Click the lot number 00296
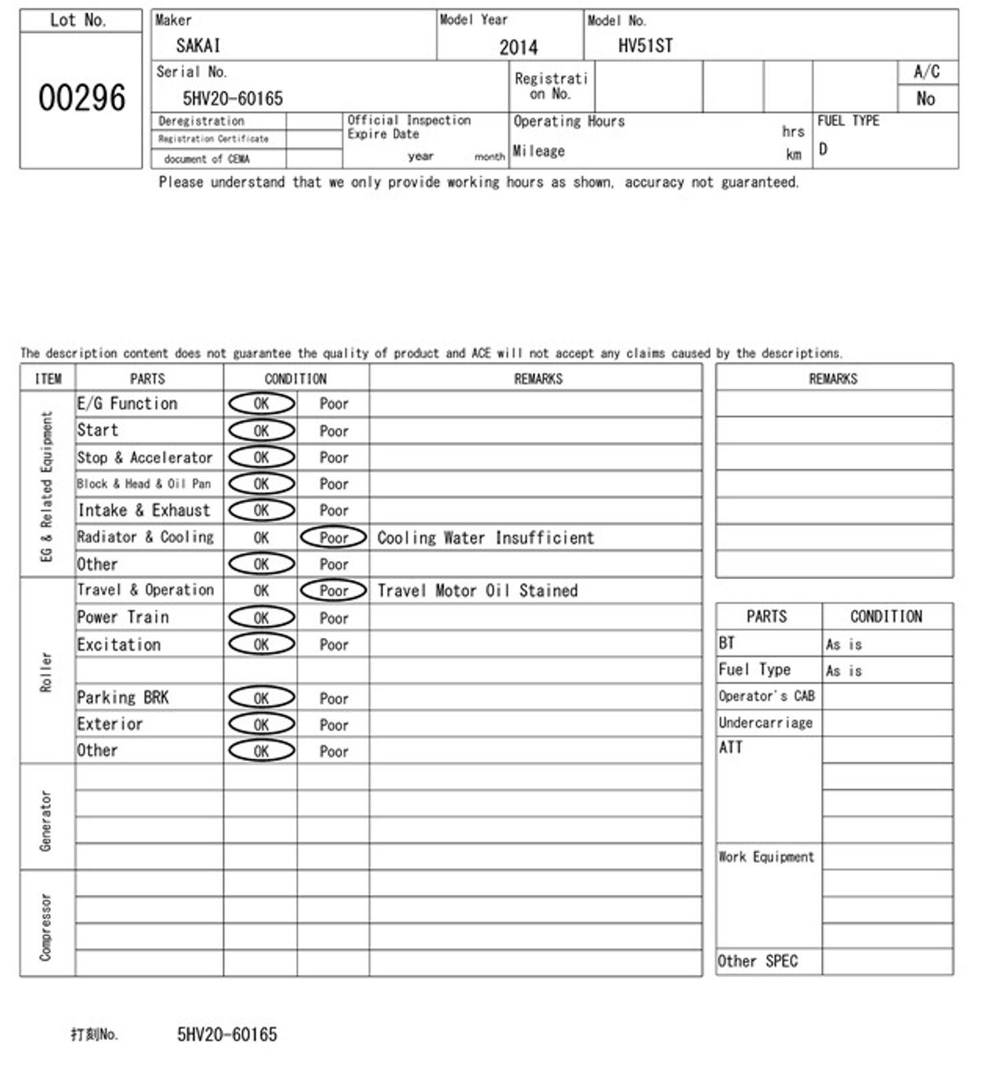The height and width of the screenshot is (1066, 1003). tap(82, 98)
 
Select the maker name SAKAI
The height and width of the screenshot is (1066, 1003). tap(198, 45)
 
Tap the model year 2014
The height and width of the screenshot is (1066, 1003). tap(518, 47)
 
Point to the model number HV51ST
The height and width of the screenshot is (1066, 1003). tap(645, 45)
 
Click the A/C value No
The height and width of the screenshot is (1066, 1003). tap(925, 99)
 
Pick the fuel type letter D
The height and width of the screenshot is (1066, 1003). tap(823, 149)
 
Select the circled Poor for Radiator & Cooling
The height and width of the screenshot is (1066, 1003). tap(334, 538)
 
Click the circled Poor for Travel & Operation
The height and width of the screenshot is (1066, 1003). tap(334, 591)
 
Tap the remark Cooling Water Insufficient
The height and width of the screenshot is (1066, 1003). tap(485, 538)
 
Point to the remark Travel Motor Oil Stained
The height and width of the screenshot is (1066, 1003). tap(477, 591)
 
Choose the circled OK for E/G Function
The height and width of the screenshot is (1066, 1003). tap(261, 404)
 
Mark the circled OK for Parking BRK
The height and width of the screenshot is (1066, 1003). tap(261, 698)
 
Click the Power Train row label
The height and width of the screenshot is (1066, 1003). tap(123, 617)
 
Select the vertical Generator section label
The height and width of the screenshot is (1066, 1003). tap(45, 820)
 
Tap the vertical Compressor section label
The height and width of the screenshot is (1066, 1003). tap(45, 927)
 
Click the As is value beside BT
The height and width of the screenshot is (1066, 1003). tap(844, 645)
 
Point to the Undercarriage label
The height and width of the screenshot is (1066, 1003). tap(766, 723)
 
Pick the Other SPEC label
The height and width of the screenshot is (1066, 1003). tap(758, 962)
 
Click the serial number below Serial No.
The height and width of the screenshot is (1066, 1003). tap(233, 99)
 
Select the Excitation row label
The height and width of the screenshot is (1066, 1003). tap(119, 645)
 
